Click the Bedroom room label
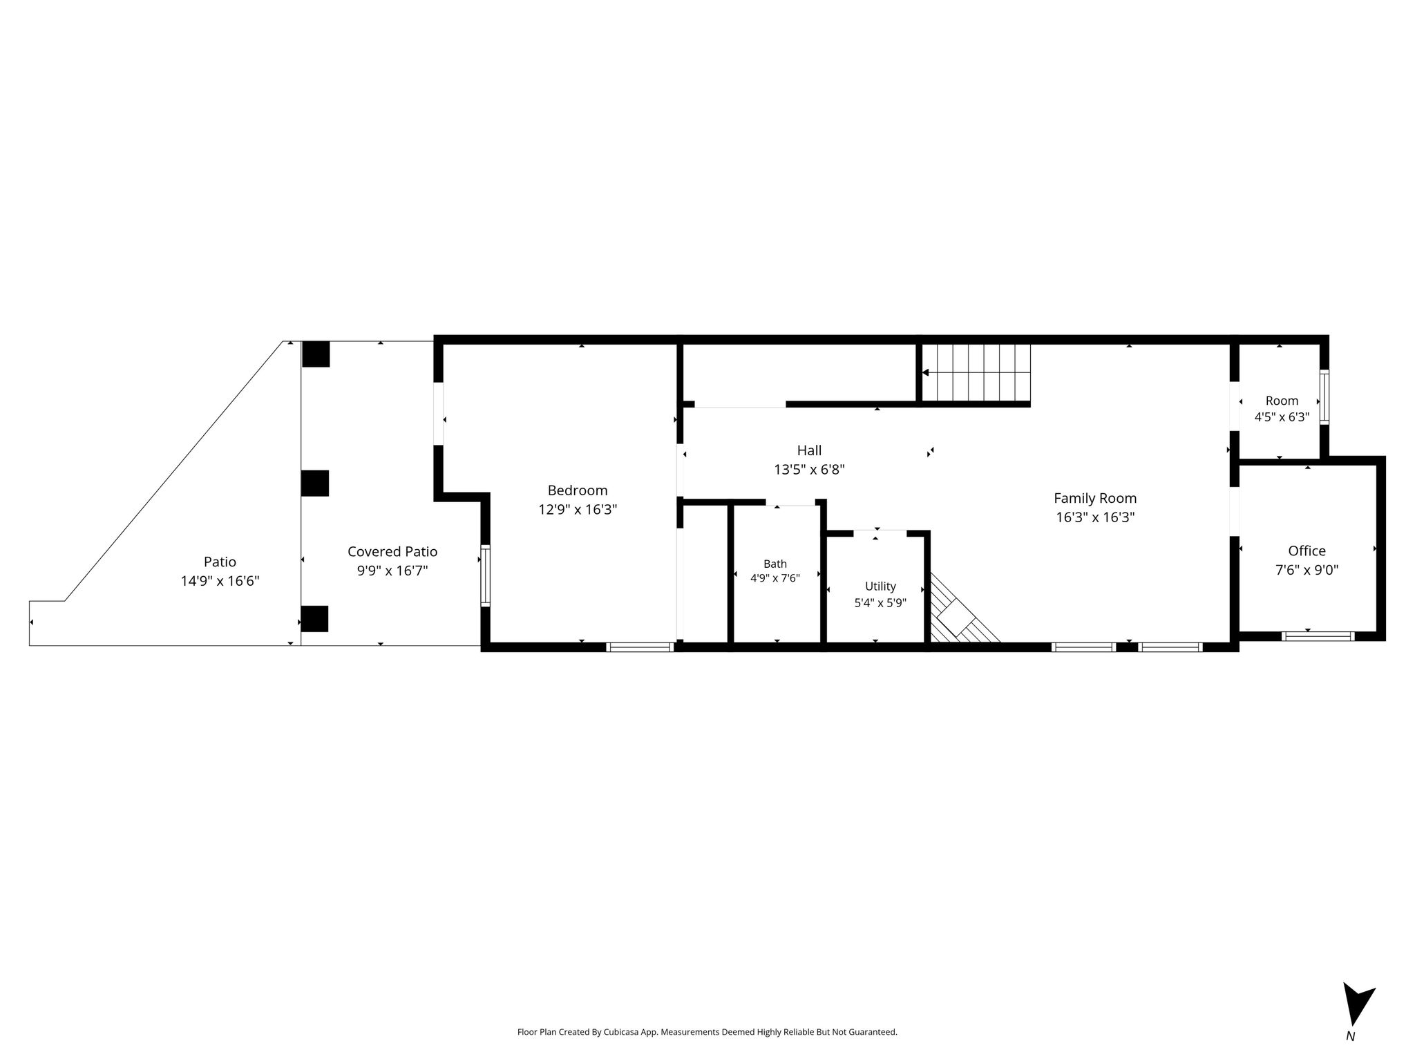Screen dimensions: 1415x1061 [578, 490]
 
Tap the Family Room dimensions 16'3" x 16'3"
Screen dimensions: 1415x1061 [1095, 517]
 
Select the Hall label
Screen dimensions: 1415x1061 [809, 450]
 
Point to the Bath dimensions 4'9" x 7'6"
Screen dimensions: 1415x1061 [775, 578]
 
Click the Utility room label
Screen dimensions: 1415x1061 [880, 586]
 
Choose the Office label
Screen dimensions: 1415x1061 [1307, 551]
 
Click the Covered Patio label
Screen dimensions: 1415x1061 [392, 551]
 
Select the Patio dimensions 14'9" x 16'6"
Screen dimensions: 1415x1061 [220, 581]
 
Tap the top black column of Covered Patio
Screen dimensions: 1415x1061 [316, 354]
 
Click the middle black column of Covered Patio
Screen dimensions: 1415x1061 [315, 483]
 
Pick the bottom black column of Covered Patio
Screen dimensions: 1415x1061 [314, 619]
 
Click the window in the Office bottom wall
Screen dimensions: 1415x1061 [1318, 636]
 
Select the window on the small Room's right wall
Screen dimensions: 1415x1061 [1324, 397]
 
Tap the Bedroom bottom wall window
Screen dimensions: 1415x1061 [640, 647]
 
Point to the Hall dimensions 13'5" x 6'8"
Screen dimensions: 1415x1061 [809, 470]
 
